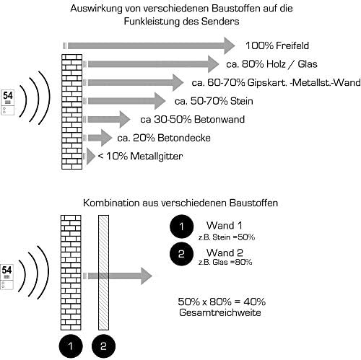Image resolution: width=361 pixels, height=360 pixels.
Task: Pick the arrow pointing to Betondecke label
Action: (100, 137)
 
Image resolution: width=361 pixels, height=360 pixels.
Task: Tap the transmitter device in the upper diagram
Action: (9, 101)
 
